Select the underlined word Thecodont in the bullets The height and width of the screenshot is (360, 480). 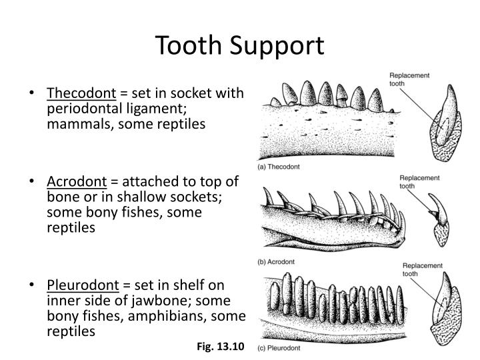tap(81, 93)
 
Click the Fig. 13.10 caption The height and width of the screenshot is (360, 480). tap(221, 347)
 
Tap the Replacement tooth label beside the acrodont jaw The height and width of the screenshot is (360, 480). tap(419, 182)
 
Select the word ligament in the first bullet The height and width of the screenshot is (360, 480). tap(145, 109)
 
